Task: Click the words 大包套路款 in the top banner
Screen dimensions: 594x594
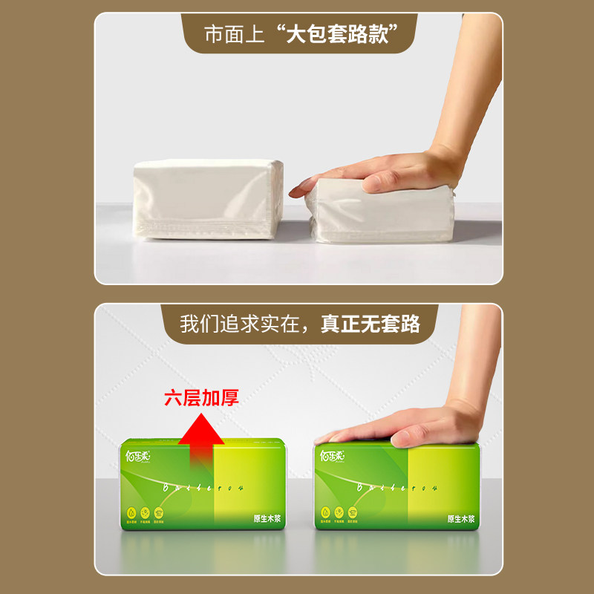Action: point(339,34)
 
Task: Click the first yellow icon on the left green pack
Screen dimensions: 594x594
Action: point(131,512)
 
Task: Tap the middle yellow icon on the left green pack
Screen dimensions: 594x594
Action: point(146,512)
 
